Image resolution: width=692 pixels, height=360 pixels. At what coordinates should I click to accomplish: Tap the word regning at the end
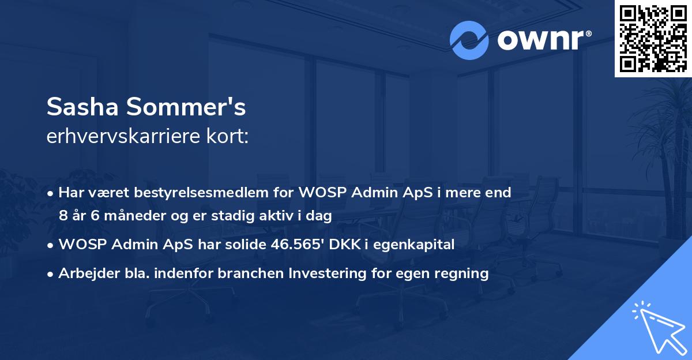tap(464, 273)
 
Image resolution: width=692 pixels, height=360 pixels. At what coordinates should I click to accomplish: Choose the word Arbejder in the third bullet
tap(82, 273)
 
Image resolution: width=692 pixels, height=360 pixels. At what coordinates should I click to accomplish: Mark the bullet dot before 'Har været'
tap(52, 193)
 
